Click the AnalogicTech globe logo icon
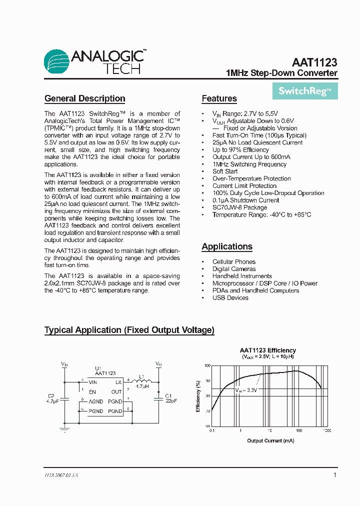coord(56,62)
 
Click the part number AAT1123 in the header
coord(314,63)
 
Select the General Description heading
coord(84,98)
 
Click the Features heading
coord(219,98)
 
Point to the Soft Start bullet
coord(225,171)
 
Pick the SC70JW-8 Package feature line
coord(239,207)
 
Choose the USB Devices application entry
coord(230,298)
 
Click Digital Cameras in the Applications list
coord(234,269)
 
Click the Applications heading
coord(227,246)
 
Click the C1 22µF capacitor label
coord(171,398)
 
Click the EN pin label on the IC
coord(92,392)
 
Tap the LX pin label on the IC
coord(118,382)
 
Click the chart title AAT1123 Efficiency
coord(267,350)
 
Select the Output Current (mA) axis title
coord(270,440)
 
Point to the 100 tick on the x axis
coord(298,430)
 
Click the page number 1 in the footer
coord(334,475)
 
